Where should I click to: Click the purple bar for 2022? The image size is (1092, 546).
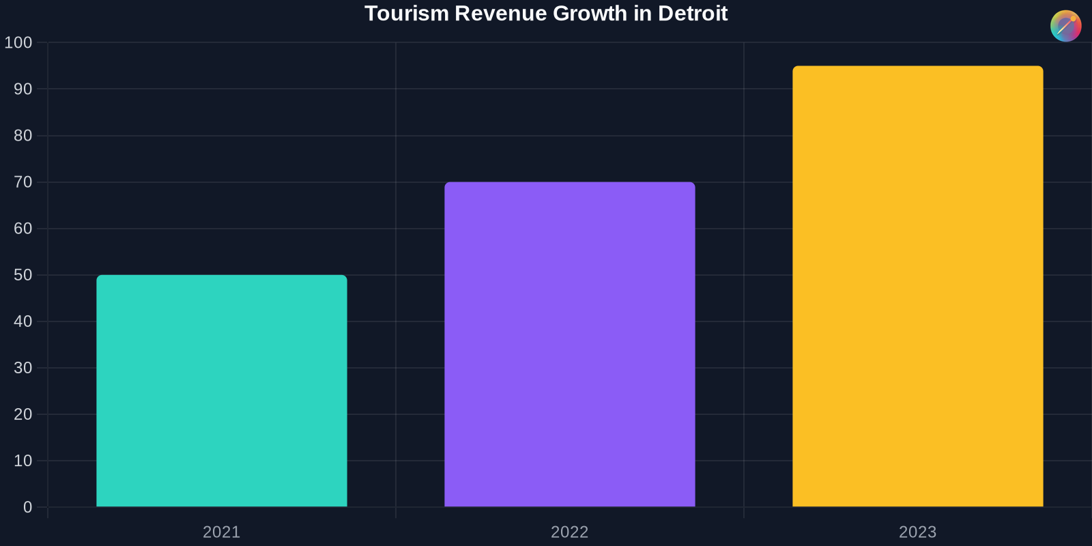[x=570, y=344]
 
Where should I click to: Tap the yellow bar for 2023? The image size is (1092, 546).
[x=918, y=286]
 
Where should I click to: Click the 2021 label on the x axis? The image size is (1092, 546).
[x=222, y=532]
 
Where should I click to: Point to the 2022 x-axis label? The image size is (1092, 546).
[x=570, y=532]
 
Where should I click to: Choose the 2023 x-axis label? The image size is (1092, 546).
[x=918, y=532]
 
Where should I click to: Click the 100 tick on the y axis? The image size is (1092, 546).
[x=18, y=43]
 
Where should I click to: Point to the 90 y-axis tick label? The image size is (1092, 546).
[x=23, y=89]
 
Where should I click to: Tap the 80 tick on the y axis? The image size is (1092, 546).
[x=23, y=136]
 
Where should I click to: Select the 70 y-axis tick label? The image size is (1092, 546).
[x=23, y=182]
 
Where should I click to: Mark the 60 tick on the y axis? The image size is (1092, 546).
[x=23, y=229]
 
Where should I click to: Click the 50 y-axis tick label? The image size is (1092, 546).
[x=23, y=275]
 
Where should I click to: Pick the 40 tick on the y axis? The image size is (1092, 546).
[x=23, y=321]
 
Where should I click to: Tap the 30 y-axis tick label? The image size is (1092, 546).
[x=23, y=368]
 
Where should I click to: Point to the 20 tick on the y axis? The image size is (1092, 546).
[x=23, y=414]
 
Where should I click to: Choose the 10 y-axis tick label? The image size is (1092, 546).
[x=23, y=461]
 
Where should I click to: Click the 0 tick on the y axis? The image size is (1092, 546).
[x=27, y=507]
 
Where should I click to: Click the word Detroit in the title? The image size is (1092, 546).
[x=693, y=14]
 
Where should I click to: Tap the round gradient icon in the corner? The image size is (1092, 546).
[x=1065, y=26]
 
